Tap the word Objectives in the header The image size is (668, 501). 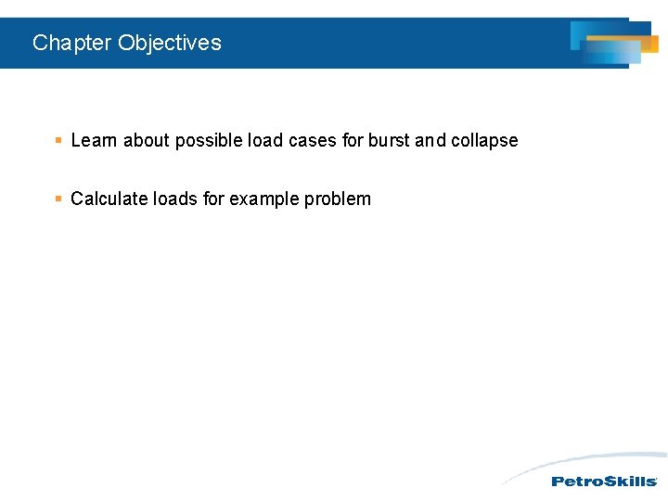(170, 43)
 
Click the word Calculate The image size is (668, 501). (109, 199)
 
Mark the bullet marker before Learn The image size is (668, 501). (58, 141)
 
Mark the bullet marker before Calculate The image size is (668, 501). (58, 199)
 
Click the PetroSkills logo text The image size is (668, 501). (604, 481)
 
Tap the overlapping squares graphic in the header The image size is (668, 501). (612, 43)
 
